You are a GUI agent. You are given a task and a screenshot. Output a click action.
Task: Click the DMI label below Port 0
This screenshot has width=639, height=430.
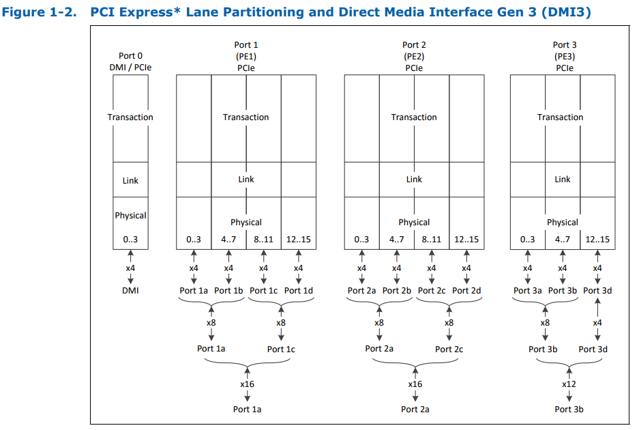130,290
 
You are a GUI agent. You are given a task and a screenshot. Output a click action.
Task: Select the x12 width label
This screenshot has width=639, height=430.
569,384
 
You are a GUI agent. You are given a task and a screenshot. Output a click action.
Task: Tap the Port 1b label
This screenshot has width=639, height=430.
228,290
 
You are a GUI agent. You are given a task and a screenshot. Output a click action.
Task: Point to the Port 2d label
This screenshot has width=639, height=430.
466,290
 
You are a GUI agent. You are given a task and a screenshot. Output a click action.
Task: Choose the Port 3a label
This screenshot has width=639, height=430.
528,290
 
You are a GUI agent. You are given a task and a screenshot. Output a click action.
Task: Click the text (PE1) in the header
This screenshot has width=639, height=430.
246,57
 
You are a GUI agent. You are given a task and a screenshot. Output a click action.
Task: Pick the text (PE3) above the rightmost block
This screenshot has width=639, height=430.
564,57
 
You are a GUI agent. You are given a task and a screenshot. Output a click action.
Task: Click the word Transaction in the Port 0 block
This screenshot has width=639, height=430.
130,117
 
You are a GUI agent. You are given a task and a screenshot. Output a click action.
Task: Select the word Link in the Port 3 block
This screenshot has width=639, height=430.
563,180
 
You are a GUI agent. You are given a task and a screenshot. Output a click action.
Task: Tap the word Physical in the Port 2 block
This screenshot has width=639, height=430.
414,223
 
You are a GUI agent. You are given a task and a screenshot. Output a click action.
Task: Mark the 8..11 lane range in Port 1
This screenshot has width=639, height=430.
263,240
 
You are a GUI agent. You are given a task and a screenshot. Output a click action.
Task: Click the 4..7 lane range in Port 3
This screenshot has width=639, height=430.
563,240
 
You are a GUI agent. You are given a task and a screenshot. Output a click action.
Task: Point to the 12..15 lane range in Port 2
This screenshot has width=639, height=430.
466,240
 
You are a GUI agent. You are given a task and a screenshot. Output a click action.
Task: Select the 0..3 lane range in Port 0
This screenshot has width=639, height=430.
130,240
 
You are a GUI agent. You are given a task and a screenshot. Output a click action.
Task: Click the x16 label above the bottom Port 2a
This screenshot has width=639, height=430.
415,384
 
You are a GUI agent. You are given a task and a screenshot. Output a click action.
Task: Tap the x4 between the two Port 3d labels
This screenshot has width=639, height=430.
597,322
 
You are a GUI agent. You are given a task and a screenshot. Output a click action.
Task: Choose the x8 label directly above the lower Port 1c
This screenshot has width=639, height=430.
280,322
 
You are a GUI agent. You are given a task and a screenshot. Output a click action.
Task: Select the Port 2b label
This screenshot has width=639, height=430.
396,290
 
